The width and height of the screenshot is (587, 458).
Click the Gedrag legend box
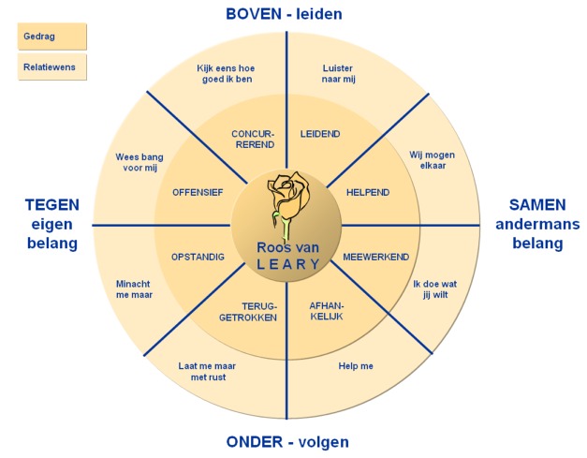(x=52, y=37)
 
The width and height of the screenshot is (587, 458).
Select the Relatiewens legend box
(x=52, y=67)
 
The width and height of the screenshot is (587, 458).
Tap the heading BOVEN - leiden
(x=285, y=14)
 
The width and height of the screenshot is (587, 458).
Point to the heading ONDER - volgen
(x=287, y=442)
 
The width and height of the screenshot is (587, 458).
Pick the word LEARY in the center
(x=288, y=264)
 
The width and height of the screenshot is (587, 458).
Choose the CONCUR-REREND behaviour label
(x=254, y=140)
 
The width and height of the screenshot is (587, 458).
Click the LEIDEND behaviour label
(x=320, y=134)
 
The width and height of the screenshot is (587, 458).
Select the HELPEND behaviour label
(x=368, y=193)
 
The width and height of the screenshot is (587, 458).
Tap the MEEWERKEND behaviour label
(x=375, y=257)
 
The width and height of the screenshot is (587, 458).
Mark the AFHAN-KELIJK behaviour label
(x=327, y=311)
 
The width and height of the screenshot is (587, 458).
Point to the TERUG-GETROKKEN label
(x=248, y=312)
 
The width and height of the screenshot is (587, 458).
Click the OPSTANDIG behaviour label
(x=198, y=257)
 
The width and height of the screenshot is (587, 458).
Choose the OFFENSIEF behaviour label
(x=198, y=193)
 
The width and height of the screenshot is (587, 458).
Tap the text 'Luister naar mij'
(x=338, y=74)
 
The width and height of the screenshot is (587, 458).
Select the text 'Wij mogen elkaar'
(x=432, y=160)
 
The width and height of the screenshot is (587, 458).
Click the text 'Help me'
(x=356, y=366)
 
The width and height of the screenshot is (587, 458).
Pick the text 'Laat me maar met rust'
(x=208, y=372)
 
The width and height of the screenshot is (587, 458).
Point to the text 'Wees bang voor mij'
(x=139, y=162)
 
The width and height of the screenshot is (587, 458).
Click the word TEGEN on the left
(x=52, y=205)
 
